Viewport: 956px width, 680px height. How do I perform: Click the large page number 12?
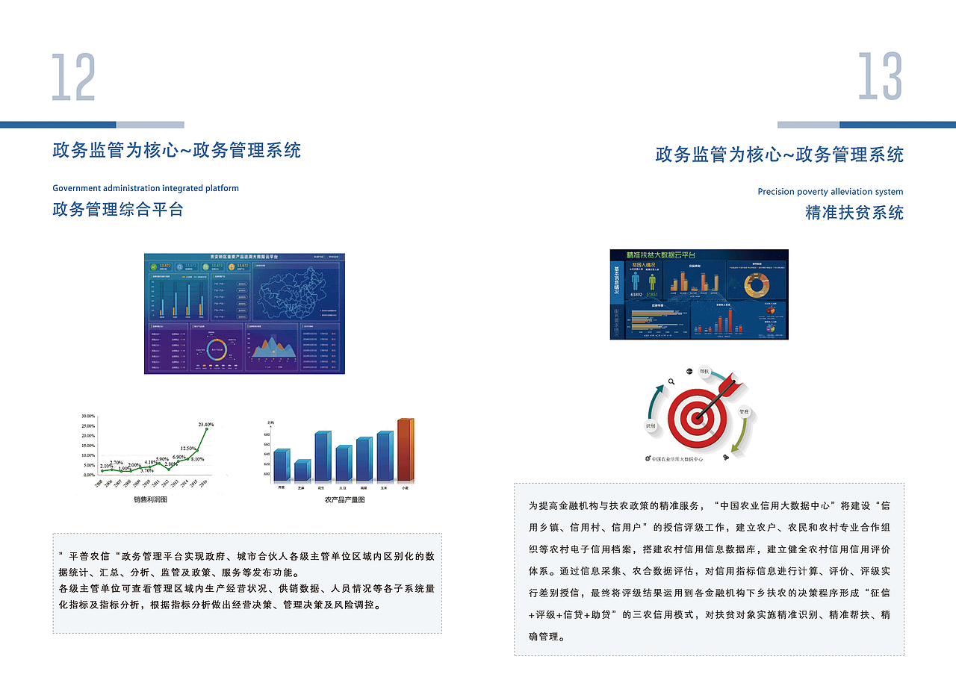coord(74,78)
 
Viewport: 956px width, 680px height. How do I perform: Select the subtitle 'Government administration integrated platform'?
coord(146,188)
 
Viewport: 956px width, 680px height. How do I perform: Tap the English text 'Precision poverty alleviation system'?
coord(830,192)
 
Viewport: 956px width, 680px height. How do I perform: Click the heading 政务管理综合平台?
coord(118,209)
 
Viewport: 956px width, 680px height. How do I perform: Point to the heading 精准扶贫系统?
coord(854,213)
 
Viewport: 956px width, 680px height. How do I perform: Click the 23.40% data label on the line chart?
coord(206,425)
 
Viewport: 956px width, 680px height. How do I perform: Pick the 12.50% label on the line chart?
coord(188,449)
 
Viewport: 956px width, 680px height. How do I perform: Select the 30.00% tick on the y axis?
coord(88,416)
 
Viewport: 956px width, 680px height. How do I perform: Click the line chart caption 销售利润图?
coord(150,499)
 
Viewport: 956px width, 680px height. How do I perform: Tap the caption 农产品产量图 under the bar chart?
coord(344,499)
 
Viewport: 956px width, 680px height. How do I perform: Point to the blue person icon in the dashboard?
coord(636,281)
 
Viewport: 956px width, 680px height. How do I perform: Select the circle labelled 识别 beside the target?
coord(651,425)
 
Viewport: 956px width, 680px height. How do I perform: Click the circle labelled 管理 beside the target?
coord(744,412)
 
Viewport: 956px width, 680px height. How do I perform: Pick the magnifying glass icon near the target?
coord(671,381)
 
